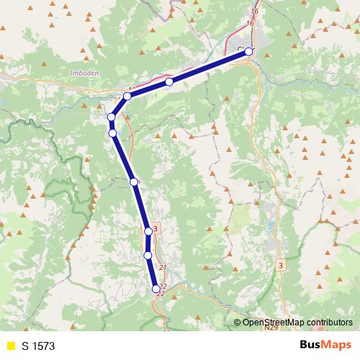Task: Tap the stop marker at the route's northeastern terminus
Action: [x=249, y=51]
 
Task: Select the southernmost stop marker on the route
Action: [x=156, y=289]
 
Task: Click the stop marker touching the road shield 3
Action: [x=148, y=231]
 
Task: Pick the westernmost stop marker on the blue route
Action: [x=112, y=117]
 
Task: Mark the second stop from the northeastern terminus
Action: [x=169, y=82]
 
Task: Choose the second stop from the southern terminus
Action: [x=148, y=255]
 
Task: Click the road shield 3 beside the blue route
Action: [x=156, y=228]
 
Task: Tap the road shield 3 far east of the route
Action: [x=280, y=266]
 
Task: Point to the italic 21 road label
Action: [x=162, y=269]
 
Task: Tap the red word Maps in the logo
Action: [x=335, y=345]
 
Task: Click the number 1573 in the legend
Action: [x=42, y=346]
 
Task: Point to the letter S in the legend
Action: [x=24, y=346]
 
